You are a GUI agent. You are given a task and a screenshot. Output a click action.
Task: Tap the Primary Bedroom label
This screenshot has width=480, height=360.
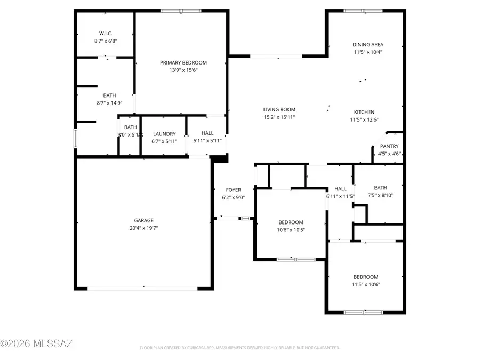(183, 62)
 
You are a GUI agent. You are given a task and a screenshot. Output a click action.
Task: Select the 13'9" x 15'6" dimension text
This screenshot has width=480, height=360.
(183, 70)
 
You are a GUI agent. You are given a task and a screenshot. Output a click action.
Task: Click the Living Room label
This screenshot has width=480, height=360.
(279, 110)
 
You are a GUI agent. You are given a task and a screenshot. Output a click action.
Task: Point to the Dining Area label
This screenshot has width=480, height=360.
(368, 45)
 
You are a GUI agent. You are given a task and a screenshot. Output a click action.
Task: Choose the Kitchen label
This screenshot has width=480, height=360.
(364, 112)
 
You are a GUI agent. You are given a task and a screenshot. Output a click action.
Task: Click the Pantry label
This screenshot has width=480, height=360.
(389, 146)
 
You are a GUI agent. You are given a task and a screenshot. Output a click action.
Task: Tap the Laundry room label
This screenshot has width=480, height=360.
(164, 134)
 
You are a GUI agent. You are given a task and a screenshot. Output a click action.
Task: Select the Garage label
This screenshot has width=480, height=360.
(143, 220)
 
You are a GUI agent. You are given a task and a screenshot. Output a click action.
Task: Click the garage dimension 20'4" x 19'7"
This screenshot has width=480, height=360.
(143, 228)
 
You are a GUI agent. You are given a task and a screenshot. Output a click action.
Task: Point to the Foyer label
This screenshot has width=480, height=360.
(233, 190)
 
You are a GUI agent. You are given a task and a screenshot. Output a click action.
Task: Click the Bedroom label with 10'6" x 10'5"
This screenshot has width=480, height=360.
(291, 222)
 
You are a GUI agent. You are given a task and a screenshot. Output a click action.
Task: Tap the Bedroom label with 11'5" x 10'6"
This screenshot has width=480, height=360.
(366, 277)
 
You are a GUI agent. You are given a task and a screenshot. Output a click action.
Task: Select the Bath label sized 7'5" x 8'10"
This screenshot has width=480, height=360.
(380, 188)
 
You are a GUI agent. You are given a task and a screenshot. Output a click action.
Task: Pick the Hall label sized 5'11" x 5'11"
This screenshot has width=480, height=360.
(207, 133)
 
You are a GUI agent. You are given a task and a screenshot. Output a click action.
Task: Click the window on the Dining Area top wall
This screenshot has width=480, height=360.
(363, 10)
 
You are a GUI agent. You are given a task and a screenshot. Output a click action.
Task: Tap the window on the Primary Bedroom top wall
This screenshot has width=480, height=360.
(181, 10)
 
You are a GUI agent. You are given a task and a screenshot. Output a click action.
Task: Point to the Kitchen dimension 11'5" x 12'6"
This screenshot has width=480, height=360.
(364, 119)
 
